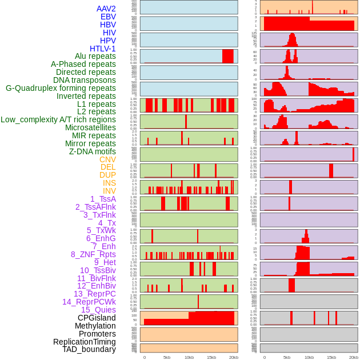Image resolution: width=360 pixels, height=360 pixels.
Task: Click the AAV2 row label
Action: point(106,9)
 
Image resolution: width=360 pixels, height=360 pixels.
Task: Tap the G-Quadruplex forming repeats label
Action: point(61,88)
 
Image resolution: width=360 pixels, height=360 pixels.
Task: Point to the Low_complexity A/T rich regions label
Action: point(58,119)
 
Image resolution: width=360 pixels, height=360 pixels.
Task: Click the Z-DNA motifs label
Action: point(92,151)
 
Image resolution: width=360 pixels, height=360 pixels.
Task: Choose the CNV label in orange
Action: point(107,159)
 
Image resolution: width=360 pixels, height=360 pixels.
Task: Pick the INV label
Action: point(109,191)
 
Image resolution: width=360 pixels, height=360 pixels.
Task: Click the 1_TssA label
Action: point(103,199)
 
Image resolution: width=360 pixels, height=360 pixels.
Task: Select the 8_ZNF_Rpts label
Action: point(93,254)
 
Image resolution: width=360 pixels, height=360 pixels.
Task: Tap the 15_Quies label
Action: point(98,310)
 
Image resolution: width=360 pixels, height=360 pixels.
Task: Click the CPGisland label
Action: point(97,318)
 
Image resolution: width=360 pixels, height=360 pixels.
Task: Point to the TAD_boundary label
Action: point(89,349)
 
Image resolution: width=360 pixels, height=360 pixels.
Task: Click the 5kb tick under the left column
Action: point(167,357)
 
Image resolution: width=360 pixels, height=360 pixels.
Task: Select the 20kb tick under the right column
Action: point(354,357)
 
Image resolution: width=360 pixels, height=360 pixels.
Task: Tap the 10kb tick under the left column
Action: point(189,357)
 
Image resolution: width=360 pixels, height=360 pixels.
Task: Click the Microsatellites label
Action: point(90,127)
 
